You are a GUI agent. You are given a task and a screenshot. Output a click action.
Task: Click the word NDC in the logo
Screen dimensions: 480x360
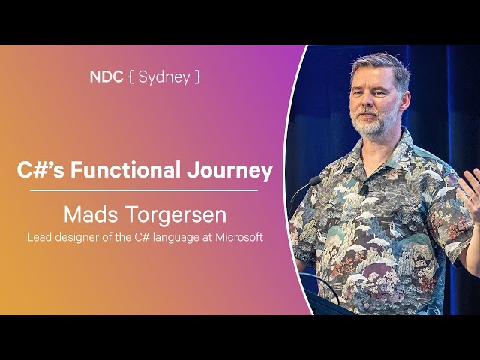click(106, 76)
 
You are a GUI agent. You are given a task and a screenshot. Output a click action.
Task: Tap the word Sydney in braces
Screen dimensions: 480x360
click(164, 77)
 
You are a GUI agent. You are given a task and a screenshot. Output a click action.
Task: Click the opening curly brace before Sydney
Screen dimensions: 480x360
click(130, 76)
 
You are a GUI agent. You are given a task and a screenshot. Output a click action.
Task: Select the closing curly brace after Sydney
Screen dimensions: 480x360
click(197, 76)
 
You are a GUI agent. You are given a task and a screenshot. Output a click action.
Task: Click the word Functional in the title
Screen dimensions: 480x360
click(125, 169)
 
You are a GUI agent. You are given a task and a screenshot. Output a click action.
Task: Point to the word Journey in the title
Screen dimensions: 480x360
click(230, 171)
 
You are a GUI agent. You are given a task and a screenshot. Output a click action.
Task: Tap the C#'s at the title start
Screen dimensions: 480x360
click(40, 170)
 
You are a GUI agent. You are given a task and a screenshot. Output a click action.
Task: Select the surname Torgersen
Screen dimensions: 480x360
click(176, 216)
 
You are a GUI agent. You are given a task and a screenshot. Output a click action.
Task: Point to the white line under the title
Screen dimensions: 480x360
click(143, 190)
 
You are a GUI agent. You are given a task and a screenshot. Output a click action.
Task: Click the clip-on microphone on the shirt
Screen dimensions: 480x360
click(364, 190)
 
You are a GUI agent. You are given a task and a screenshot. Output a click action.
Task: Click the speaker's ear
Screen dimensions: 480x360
click(405, 101)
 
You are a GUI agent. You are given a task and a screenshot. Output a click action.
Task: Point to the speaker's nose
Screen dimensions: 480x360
click(367, 102)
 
